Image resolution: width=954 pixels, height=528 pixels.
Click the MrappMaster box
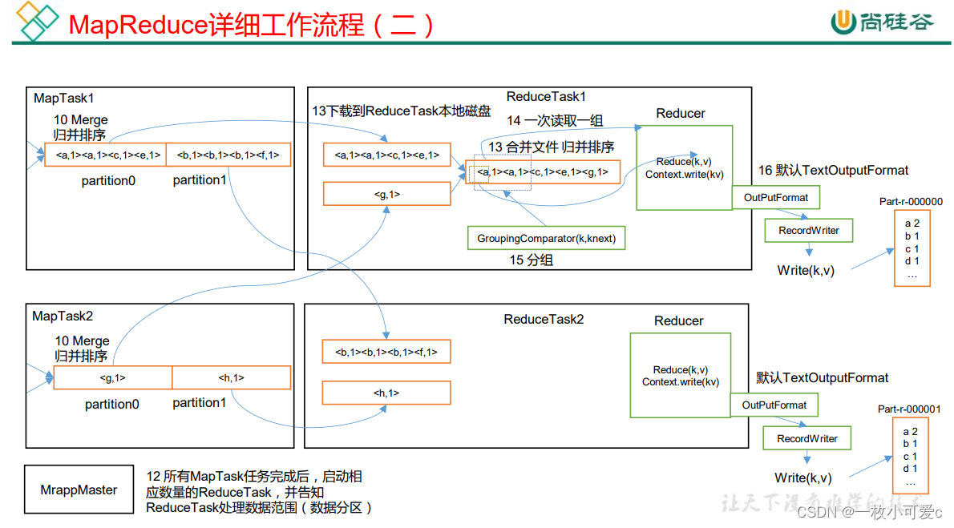coord(79,490)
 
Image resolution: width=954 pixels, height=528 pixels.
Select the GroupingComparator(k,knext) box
coord(545,238)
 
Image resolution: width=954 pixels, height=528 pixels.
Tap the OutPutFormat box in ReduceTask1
coord(775,198)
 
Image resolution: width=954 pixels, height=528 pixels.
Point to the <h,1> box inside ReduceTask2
coord(386,393)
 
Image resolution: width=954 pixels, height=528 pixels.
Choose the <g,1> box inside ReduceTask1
coord(387,194)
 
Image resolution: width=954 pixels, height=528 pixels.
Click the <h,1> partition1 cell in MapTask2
coord(231,378)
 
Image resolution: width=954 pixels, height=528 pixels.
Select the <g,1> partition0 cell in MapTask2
coord(112,378)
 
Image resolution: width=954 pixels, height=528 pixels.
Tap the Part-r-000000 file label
coord(911,202)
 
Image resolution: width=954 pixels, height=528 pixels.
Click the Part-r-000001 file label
coord(909,409)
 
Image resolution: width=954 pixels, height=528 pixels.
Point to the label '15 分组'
coord(531,260)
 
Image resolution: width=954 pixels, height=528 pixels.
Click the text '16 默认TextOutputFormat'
coord(834,171)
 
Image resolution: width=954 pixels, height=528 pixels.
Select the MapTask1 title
coord(64,99)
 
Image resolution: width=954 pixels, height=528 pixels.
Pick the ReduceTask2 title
coord(544,320)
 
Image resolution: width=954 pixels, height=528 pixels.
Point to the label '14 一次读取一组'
coord(555,120)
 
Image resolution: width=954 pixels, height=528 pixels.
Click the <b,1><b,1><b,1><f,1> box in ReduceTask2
coord(386,352)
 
